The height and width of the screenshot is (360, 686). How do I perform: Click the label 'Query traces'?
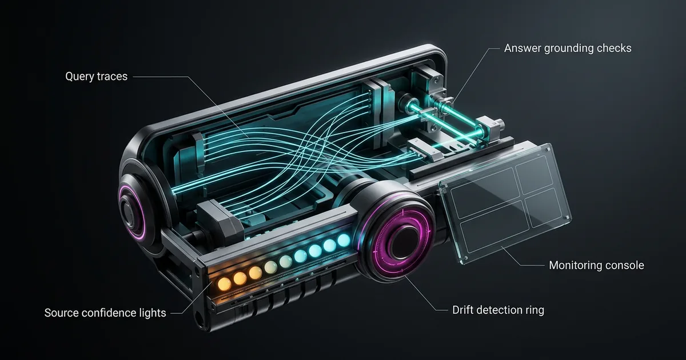(x=96, y=77)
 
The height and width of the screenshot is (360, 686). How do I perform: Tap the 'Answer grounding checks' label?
(x=568, y=49)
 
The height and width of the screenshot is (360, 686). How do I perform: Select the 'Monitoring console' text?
(x=596, y=265)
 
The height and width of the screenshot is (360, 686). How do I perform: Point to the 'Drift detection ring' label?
(x=498, y=310)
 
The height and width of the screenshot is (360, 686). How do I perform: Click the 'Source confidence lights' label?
(x=105, y=313)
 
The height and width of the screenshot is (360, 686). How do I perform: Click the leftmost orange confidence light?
(x=225, y=284)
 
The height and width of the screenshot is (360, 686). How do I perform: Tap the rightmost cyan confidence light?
(x=344, y=241)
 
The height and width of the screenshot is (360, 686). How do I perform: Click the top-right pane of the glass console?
(x=534, y=174)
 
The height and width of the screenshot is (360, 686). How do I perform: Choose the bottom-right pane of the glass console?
(x=544, y=207)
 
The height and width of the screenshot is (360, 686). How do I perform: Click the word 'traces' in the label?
(x=112, y=77)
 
